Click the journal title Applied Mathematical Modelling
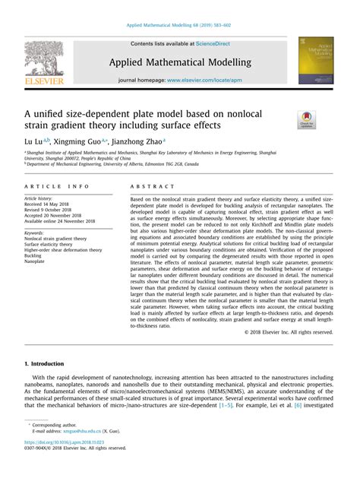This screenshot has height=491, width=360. point(180,62)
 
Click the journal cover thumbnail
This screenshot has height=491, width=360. point(316,60)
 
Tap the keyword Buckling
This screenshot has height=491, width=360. point(35,255)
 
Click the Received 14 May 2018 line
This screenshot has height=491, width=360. point(51,204)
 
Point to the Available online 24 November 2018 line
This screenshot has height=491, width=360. point(65,222)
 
